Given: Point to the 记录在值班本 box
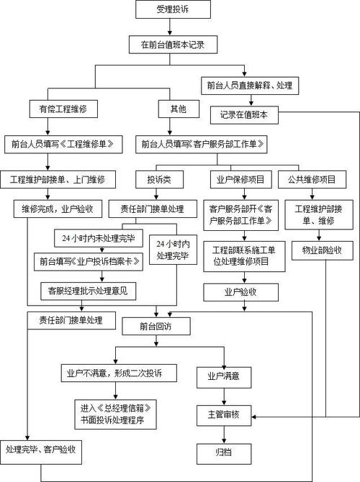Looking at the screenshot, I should click(x=244, y=114).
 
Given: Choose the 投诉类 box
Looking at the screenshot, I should click(x=158, y=178).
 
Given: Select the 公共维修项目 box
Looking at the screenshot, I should click(x=313, y=178).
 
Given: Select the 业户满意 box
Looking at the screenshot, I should click(x=222, y=375).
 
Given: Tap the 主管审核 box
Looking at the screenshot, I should click(x=222, y=415).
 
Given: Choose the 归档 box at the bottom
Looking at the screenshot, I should click(x=222, y=454).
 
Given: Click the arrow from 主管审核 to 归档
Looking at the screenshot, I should click(x=223, y=435).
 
